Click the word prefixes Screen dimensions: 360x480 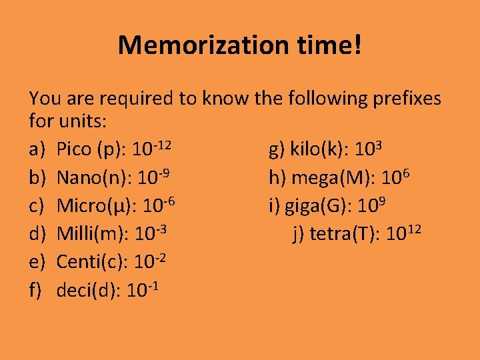click(x=399, y=99)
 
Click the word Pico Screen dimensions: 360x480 click(x=75, y=149)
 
